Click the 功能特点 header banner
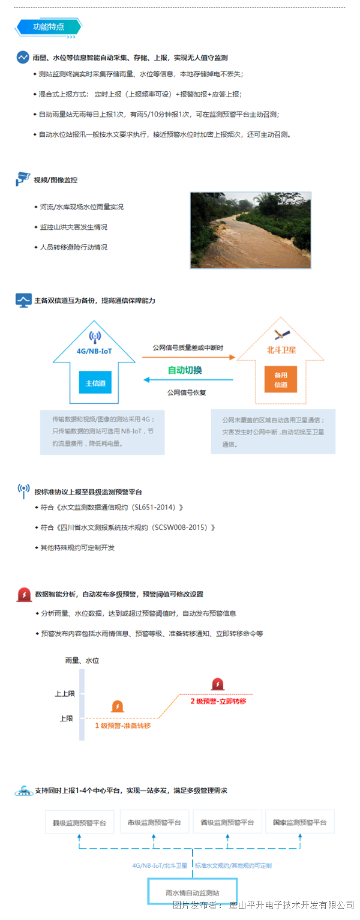tap(49, 27)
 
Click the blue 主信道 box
tap(95, 383)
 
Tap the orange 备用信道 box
tap(281, 379)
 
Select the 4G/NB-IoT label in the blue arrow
tap(94, 351)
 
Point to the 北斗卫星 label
tap(281, 350)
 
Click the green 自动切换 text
tap(185, 370)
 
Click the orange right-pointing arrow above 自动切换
tap(188, 357)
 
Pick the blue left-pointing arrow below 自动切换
tap(188, 380)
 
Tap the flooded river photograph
tap(250, 230)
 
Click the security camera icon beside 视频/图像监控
tap(23, 179)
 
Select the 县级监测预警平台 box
tap(79, 822)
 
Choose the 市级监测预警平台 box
tap(154, 822)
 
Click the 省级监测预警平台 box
tap(227, 822)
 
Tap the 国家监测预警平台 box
tap(300, 822)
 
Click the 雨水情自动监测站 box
tap(193, 892)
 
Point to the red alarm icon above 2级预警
tap(218, 684)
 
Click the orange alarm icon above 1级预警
tap(118, 706)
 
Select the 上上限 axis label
tap(65, 694)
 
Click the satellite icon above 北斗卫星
tap(283, 334)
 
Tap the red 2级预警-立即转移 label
tap(218, 701)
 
